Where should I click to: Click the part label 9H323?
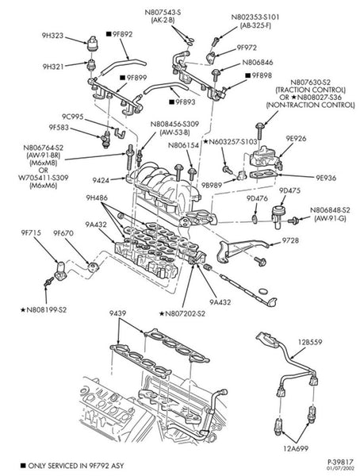click(52, 36)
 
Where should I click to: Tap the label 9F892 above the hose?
click(122, 34)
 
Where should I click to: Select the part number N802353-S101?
click(255, 17)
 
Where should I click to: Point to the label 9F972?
click(247, 48)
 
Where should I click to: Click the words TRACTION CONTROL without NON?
click(311, 90)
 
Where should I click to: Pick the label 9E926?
click(296, 138)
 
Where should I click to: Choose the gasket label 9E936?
click(326, 178)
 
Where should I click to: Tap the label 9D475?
click(290, 190)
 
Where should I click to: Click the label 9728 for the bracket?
click(290, 240)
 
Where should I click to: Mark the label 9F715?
click(31, 232)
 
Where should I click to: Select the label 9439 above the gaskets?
click(118, 313)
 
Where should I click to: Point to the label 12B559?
click(310, 342)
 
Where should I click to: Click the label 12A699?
click(296, 447)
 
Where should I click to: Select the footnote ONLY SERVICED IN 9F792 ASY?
click(76, 466)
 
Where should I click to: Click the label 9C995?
click(73, 117)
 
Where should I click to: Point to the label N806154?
click(183, 145)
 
